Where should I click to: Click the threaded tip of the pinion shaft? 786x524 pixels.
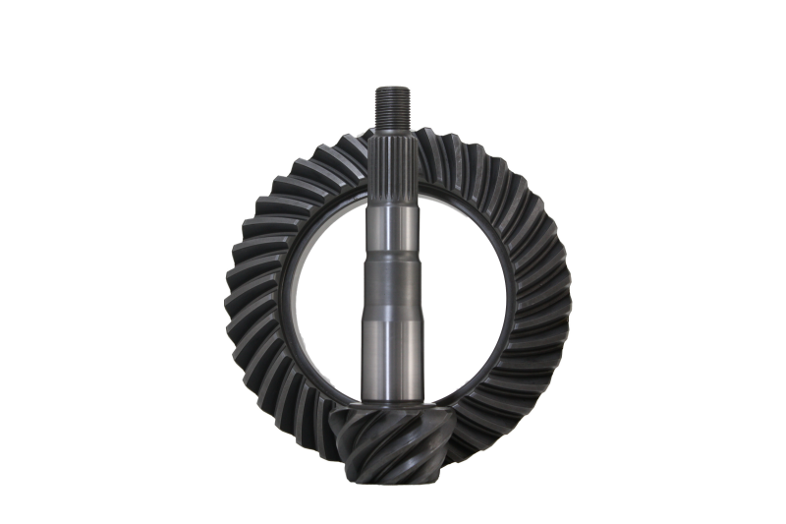[392, 102]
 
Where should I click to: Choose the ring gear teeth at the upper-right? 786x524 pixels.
[491, 177]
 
